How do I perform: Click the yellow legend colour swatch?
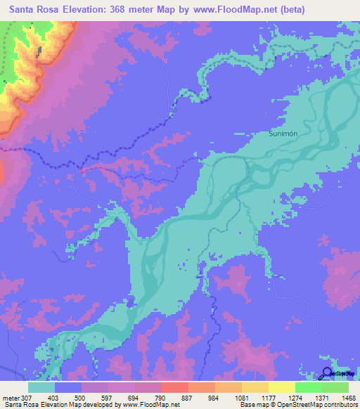281,387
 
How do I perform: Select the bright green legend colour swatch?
308,387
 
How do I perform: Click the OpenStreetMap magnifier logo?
328,374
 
